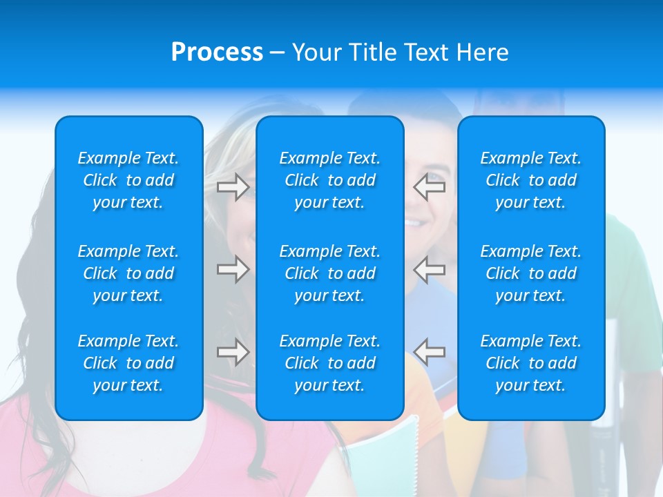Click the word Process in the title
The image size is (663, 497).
pos(217,52)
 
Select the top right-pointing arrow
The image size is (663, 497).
pos(233,187)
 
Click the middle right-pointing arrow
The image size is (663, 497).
pos(233,269)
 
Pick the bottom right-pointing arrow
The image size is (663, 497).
pos(233,352)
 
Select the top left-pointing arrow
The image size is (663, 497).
pos(430,187)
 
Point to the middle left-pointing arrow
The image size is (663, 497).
pos(430,269)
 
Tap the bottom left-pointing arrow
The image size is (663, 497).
pos(430,352)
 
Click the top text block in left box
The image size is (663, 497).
pos(128,180)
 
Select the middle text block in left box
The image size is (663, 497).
pos(128,273)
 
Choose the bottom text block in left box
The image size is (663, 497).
pos(128,363)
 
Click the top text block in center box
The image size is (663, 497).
pos(330,180)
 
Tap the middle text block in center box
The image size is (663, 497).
pos(330,273)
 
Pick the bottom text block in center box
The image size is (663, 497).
pos(330,363)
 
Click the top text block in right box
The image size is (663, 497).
pos(531,180)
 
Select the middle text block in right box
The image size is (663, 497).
pos(531,273)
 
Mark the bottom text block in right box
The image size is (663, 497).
pos(531,363)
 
